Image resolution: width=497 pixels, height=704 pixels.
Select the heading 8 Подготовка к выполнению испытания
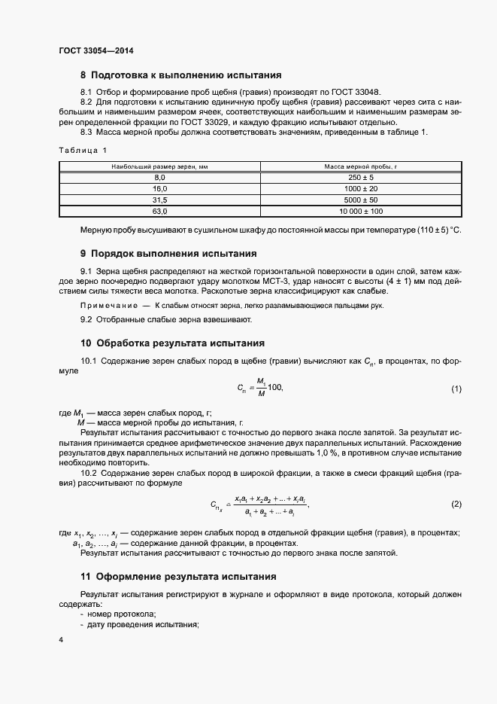click(x=180, y=75)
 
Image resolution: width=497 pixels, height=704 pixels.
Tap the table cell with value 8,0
click(x=159, y=176)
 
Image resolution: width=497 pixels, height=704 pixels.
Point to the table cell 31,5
click(x=159, y=200)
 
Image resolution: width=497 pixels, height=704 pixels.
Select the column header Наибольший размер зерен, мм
click(x=159, y=165)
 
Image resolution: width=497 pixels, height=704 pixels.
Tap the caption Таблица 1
click(x=83, y=150)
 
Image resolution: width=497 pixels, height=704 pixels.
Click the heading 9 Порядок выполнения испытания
click(x=168, y=253)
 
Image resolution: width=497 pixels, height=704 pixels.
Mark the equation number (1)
click(x=456, y=389)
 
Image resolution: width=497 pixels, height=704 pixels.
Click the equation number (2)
click(x=456, y=503)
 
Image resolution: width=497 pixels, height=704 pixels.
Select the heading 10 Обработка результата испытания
click(x=172, y=342)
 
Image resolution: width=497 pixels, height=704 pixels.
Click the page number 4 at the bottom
click(x=61, y=639)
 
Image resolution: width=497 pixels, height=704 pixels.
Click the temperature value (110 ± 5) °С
click(x=436, y=229)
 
